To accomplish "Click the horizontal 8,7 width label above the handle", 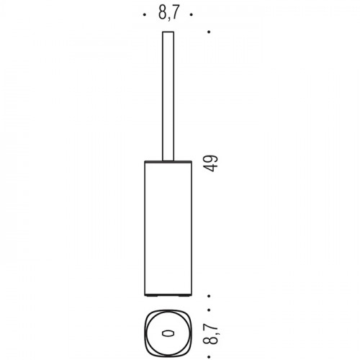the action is pyautogui.click(x=169, y=13).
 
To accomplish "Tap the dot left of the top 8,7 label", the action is pyautogui.click(x=144, y=14).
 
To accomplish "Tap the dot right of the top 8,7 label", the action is pyautogui.click(x=192, y=14).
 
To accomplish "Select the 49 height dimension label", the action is pyautogui.click(x=210, y=163).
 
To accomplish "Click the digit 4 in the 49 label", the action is pyautogui.click(x=210, y=168).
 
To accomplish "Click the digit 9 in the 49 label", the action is pyautogui.click(x=210, y=159).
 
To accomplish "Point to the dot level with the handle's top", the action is pyautogui.click(x=209, y=32).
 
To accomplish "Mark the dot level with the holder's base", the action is pyautogui.click(x=209, y=296).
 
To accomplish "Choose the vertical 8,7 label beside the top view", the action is pyautogui.click(x=210, y=333).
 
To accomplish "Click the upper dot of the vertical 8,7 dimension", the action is pyautogui.click(x=209, y=310).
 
